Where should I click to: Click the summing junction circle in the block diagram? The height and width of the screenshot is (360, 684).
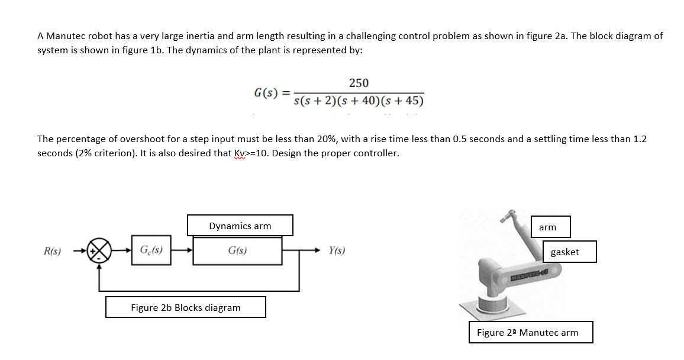(x=99, y=250)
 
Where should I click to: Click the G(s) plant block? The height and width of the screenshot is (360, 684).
(x=237, y=250)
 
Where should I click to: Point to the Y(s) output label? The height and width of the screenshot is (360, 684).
(x=337, y=250)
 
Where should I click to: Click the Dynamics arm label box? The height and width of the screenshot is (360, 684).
(x=240, y=226)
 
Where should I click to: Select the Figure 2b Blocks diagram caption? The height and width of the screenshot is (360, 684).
(x=185, y=307)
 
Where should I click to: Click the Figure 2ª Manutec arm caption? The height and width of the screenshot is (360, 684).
(x=530, y=332)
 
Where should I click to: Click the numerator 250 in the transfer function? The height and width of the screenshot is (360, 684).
(x=359, y=83)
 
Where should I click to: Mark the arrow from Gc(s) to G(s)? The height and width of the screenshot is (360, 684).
(x=182, y=250)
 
